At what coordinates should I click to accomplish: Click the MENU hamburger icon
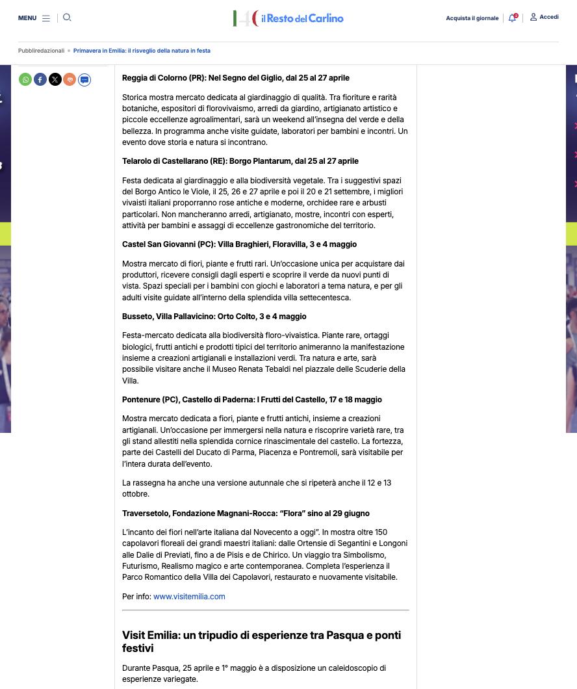pyautogui.click(x=46, y=18)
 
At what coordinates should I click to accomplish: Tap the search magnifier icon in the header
pyautogui.click(x=67, y=18)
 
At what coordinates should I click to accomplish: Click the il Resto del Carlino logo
pyautogui.click(x=288, y=18)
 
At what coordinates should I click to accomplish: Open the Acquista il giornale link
pyautogui.click(x=472, y=18)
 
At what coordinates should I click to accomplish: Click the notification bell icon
pyautogui.click(x=513, y=18)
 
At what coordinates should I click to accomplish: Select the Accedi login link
pyautogui.click(x=545, y=18)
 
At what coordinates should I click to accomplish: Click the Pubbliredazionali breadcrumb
pyautogui.click(x=41, y=51)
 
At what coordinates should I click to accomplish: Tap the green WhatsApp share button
pyautogui.click(x=25, y=79)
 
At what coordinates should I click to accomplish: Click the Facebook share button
pyautogui.click(x=40, y=79)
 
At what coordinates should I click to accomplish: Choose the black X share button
pyautogui.click(x=55, y=79)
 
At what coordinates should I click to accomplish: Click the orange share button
pyautogui.click(x=70, y=79)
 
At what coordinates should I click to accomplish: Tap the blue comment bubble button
pyautogui.click(x=84, y=80)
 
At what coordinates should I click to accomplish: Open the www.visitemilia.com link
pyautogui.click(x=189, y=596)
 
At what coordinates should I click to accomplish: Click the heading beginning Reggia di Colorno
pyautogui.click(x=235, y=78)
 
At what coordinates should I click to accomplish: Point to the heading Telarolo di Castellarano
pyautogui.click(x=240, y=161)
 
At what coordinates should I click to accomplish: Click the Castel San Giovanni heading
pyautogui.click(x=239, y=244)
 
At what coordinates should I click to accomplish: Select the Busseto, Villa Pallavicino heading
pyautogui.click(x=214, y=317)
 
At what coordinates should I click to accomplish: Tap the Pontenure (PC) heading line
pyautogui.click(x=251, y=400)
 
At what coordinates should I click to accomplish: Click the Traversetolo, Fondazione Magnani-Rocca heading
pyautogui.click(x=246, y=513)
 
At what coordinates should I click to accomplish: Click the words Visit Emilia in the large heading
pyautogui.click(x=151, y=635)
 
